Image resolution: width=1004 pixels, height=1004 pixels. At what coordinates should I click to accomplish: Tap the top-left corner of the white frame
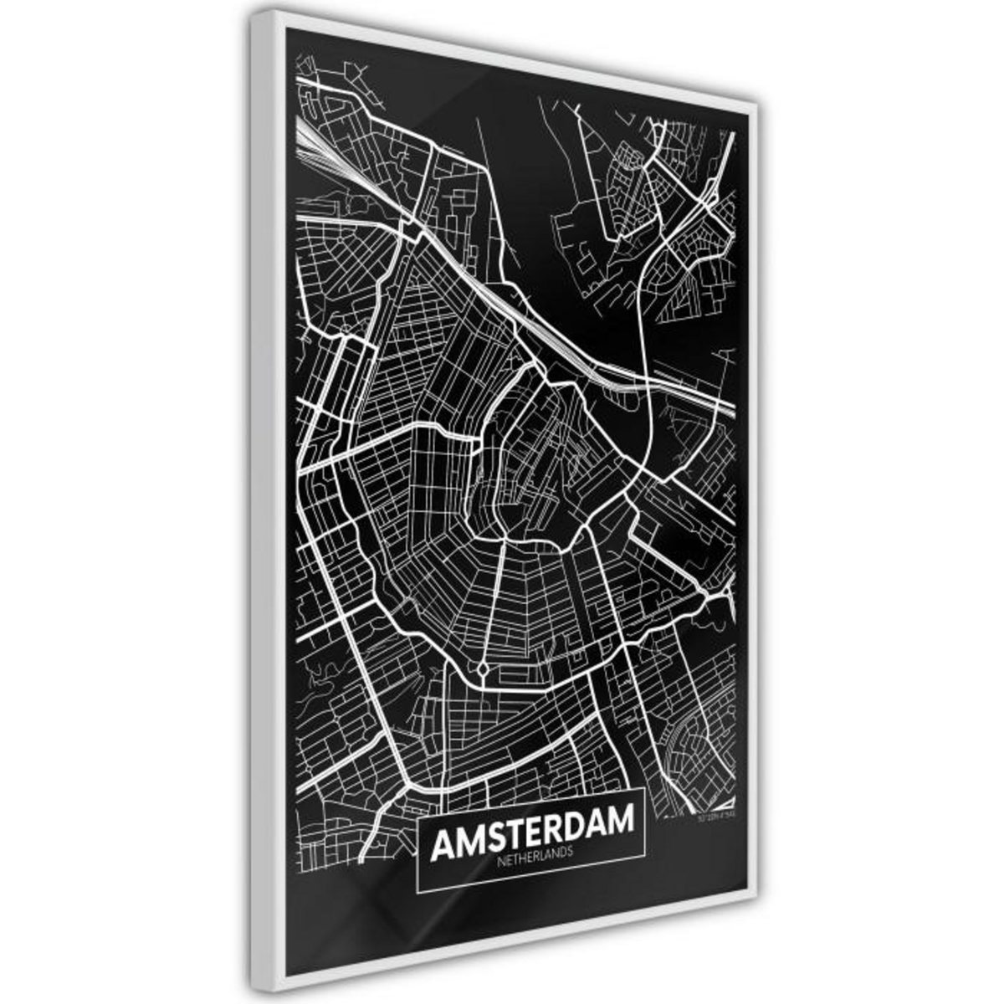pos(252,11)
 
